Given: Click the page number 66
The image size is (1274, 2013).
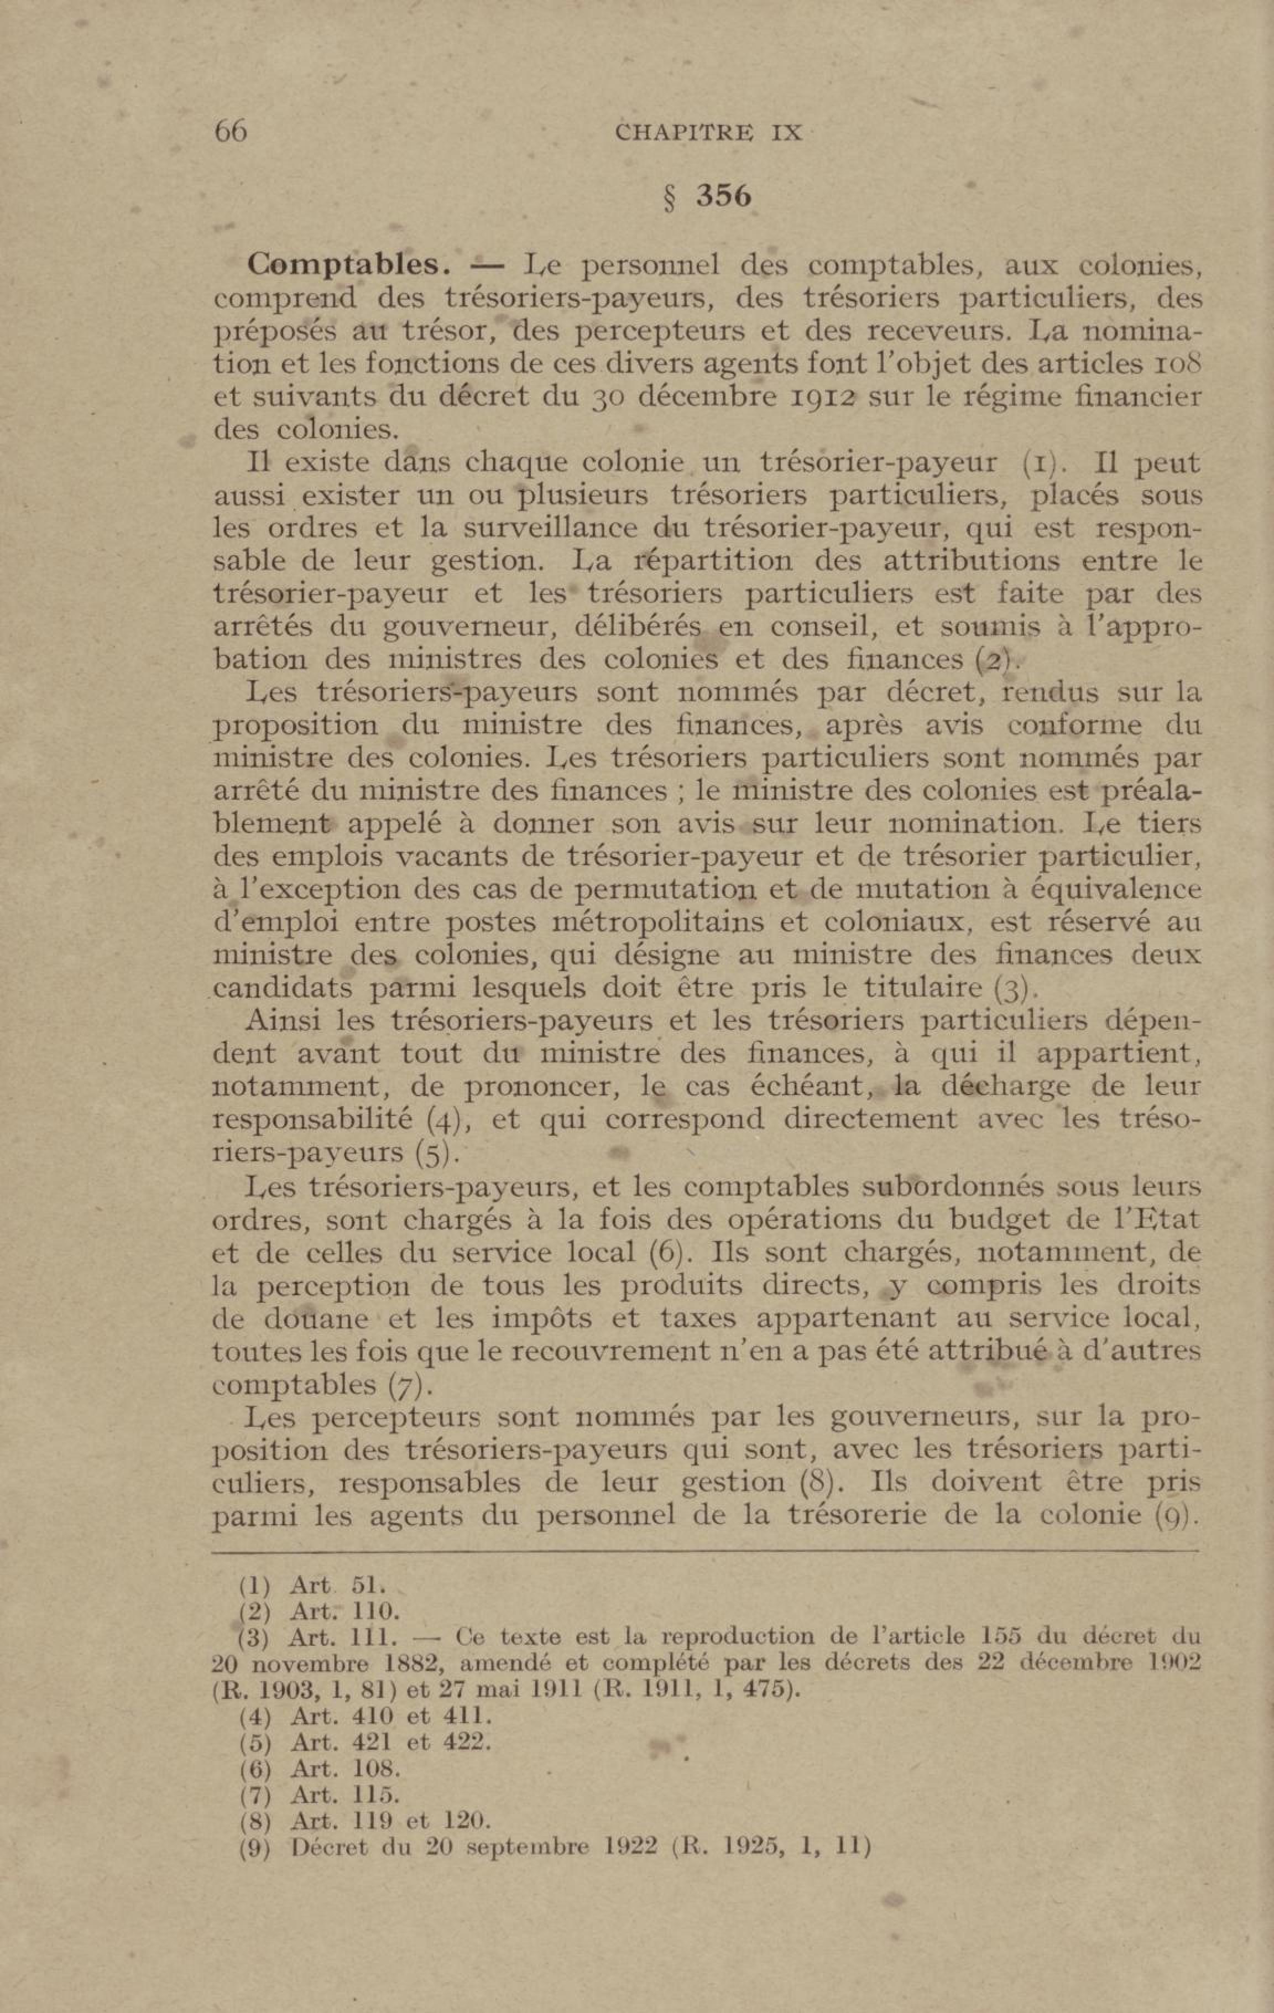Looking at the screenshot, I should click(231, 132).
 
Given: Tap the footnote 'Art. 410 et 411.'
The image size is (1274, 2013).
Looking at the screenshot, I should click(390, 1717).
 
